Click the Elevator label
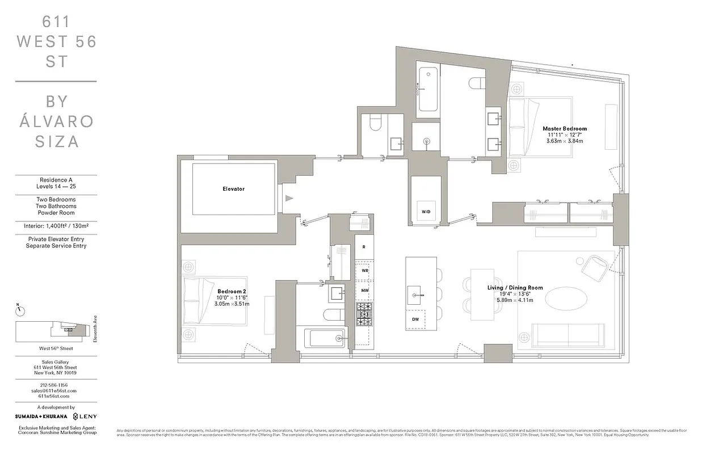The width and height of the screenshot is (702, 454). point(233,189)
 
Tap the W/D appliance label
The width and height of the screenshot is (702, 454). point(426,212)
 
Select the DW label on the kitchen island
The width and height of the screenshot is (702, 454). point(415,319)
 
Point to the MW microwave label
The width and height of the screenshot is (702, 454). point(364,290)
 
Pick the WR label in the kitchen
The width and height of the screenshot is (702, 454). point(364,271)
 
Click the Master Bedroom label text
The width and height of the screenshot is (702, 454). point(564,129)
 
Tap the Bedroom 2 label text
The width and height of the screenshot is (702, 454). point(231,291)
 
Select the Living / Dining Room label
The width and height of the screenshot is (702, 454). point(515,288)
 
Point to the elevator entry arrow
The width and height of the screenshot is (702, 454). point(289,198)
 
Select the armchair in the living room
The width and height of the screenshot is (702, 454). point(596,266)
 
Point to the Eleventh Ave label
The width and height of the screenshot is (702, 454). point(95,329)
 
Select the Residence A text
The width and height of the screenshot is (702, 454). point(56,180)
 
